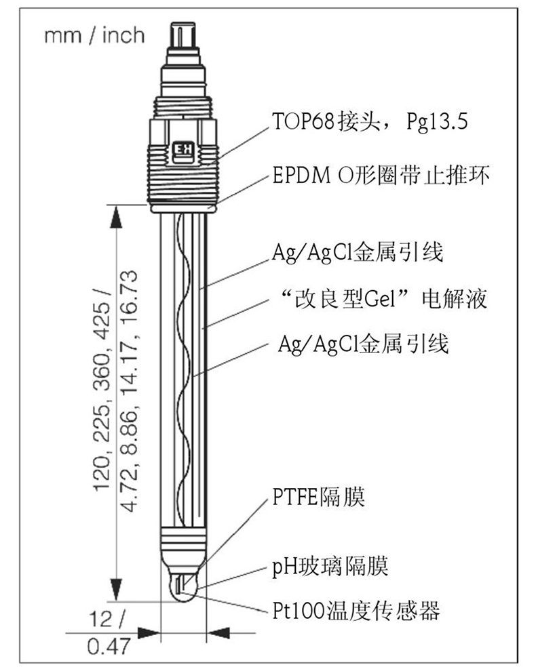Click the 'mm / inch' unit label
(x=94, y=35)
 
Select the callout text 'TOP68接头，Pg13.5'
(x=370, y=122)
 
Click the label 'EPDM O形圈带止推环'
(x=380, y=176)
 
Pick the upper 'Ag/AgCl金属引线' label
(x=358, y=253)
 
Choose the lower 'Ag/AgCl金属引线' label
(x=363, y=344)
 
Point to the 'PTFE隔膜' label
(x=318, y=497)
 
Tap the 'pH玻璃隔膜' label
(x=330, y=566)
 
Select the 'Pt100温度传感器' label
(x=356, y=611)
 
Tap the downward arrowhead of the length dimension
(x=116, y=590)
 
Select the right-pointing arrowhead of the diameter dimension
(x=149, y=632)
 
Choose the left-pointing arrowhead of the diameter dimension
(x=218, y=632)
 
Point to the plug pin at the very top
(x=183, y=36)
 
